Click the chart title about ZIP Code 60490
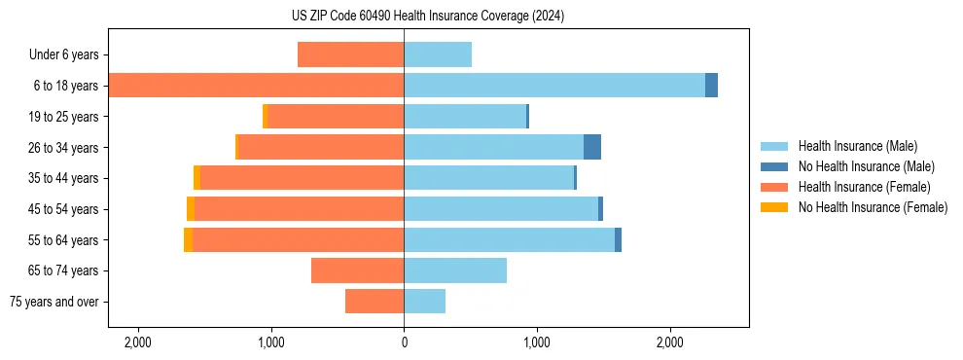(x=428, y=17)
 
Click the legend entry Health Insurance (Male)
(x=857, y=146)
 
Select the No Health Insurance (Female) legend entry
(x=873, y=207)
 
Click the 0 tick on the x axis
(x=404, y=342)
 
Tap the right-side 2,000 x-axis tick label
(x=670, y=342)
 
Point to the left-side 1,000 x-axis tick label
(x=270, y=342)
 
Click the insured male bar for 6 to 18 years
(x=554, y=86)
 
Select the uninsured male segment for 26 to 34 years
(x=592, y=147)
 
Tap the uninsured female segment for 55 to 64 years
(x=188, y=239)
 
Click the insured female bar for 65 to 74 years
(x=357, y=270)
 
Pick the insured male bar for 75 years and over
(x=425, y=302)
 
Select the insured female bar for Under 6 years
(x=350, y=54)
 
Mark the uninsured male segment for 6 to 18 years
(x=711, y=86)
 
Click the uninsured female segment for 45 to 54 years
(x=191, y=209)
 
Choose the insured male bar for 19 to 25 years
(x=465, y=117)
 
